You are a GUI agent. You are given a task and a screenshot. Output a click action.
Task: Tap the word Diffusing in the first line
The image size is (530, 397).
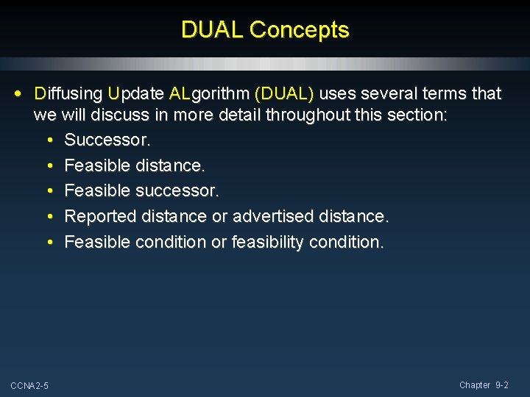coord(68,94)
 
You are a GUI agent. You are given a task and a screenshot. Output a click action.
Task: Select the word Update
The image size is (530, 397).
coord(135,94)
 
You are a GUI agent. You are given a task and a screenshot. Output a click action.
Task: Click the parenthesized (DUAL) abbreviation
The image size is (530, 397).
coord(284,94)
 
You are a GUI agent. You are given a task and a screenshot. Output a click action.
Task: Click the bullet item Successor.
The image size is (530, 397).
coord(107,140)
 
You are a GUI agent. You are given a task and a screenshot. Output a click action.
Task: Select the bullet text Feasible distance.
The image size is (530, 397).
coord(135,165)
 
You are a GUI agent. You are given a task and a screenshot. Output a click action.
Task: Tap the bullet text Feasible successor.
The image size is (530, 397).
coord(141,191)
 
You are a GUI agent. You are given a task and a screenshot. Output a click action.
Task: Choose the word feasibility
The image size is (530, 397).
coord(272,242)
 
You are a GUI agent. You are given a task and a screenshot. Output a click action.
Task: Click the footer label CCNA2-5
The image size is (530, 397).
coord(29,386)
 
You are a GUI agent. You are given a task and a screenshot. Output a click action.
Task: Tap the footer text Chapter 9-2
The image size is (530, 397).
coord(484,385)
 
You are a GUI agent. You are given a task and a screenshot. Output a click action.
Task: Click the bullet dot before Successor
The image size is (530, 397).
coord(49,140)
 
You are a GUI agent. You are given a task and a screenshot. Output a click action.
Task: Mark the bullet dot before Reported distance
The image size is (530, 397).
coord(49,217)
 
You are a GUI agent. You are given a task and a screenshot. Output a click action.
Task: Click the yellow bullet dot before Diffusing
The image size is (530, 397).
coord(18,94)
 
